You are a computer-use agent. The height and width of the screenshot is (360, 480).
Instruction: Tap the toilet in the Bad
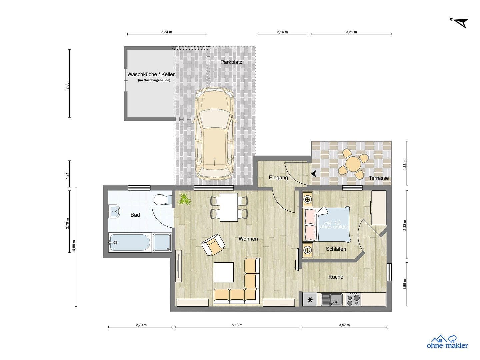[x=162, y=200]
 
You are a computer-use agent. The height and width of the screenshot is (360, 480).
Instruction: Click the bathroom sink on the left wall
[x=114, y=211]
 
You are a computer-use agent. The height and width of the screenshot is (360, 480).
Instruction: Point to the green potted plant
[x=184, y=200]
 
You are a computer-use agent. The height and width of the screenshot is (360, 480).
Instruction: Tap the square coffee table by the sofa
[x=224, y=272]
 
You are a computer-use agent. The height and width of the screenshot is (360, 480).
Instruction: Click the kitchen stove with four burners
[x=354, y=299]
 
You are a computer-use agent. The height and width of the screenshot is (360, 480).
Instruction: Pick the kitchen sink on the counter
[x=331, y=299]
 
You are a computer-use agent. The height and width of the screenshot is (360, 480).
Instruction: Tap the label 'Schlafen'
[x=336, y=249]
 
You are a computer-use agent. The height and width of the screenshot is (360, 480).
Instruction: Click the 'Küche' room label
[x=336, y=277]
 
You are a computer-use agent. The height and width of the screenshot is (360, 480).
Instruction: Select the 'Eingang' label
[x=278, y=178]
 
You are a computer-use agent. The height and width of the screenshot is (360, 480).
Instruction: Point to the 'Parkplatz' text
[x=231, y=62]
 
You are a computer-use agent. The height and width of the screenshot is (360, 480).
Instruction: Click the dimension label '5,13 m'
[x=237, y=325]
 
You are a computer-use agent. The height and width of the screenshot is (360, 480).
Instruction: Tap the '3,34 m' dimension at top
[x=167, y=32]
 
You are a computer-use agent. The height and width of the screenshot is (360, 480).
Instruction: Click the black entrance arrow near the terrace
[x=314, y=174]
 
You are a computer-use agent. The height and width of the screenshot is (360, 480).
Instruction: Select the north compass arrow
[x=460, y=22]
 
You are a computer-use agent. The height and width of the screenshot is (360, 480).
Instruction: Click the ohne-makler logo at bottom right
[x=447, y=342]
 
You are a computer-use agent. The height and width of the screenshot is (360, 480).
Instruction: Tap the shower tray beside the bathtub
[x=162, y=242]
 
